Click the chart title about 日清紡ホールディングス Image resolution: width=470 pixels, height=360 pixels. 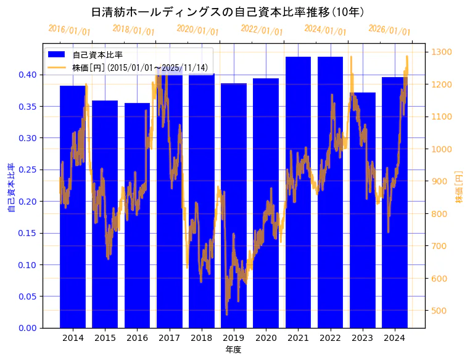(228, 12)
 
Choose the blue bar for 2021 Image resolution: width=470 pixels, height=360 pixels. (298, 197)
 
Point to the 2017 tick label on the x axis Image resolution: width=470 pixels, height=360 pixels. (169, 338)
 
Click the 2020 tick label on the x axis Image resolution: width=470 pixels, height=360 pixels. (266, 338)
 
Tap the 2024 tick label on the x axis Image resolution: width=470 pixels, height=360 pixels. (394, 338)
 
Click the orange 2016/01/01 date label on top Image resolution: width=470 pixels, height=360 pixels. (69, 30)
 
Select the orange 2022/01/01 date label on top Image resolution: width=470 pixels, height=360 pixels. (262, 30)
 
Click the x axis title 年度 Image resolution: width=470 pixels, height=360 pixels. (233, 350)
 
